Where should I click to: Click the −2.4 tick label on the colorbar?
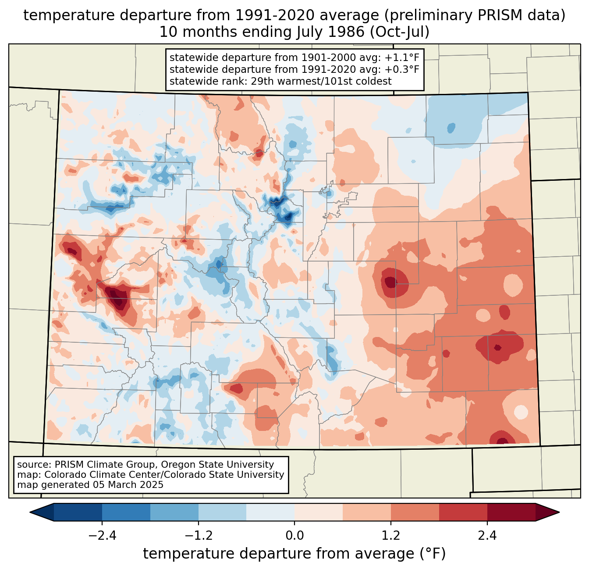tap(102, 535)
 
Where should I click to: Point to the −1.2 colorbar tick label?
tap(199, 535)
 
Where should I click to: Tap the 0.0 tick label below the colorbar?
tap(294, 535)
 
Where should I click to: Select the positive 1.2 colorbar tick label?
tap(391, 535)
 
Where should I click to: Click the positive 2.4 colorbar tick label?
tap(487, 535)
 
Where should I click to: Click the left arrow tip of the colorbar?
tap(30, 513)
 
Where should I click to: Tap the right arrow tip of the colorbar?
tap(559, 513)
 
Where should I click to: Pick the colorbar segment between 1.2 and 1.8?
tap(415, 513)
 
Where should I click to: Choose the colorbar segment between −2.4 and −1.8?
tap(126, 513)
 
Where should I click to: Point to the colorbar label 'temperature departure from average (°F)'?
tap(294, 554)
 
